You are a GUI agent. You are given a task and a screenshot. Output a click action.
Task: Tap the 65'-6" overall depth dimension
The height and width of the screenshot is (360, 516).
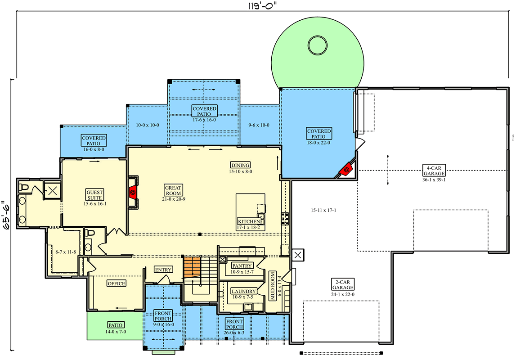(x=6, y=215)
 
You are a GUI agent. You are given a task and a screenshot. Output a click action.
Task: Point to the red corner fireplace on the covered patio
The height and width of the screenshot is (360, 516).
(x=346, y=170)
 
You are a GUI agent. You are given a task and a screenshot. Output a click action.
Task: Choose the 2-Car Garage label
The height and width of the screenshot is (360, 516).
(x=343, y=284)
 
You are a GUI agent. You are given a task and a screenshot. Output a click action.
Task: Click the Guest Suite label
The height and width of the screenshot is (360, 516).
(x=94, y=194)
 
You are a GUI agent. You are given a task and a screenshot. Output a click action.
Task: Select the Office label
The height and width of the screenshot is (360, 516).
(x=116, y=283)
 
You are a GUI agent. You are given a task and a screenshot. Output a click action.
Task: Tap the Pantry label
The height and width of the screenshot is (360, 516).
(x=242, y=265)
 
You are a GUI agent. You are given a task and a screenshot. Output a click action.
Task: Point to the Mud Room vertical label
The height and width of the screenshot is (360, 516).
(x=273, y=286)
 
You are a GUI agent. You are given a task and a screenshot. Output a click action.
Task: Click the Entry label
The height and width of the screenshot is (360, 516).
(x=163, y=270)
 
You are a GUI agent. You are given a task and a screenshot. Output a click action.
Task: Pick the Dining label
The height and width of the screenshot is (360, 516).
(x=240, y=165)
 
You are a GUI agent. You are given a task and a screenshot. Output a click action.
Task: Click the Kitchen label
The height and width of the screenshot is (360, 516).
(x=248, y=221)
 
